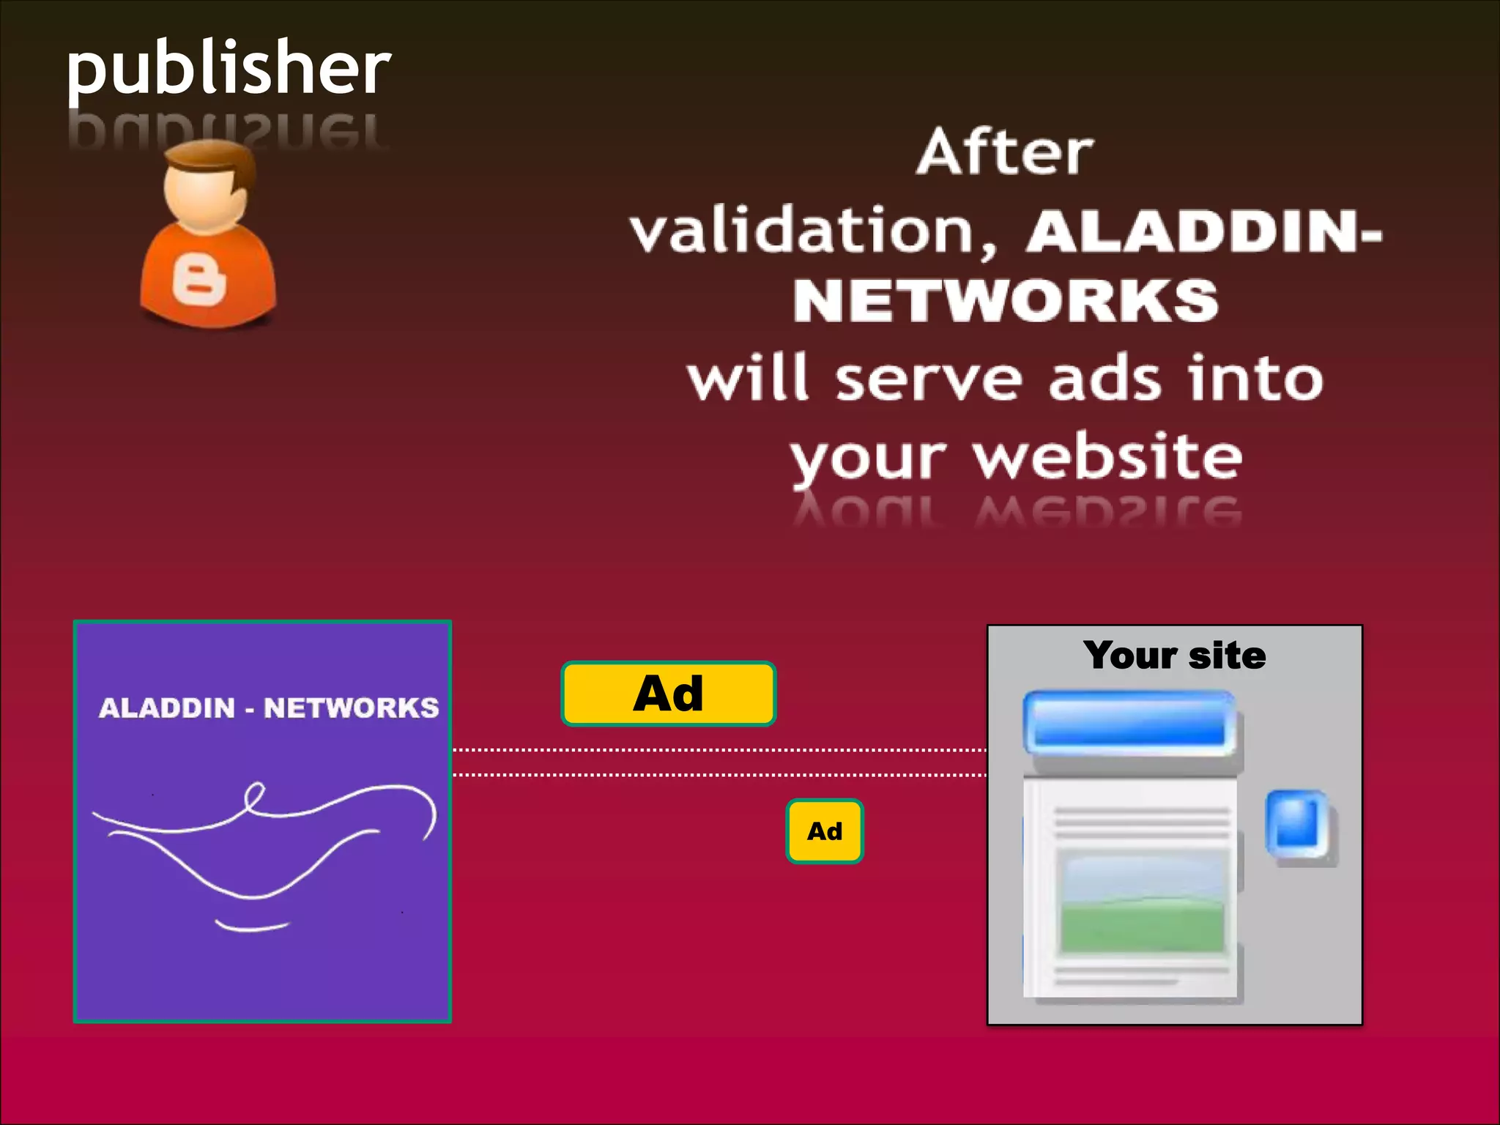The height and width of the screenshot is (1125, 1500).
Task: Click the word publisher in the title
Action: pos(229,70)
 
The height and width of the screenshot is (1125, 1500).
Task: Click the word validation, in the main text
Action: pos(813,231)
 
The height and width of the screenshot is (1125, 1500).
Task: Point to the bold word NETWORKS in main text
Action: pos(1006,301)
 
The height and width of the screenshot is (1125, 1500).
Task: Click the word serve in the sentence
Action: pos(927,379)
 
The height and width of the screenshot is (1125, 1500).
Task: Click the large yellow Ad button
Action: pos(668,694)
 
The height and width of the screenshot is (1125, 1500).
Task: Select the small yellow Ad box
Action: pos(825,831)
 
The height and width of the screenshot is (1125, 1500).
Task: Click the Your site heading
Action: pos(1174,655)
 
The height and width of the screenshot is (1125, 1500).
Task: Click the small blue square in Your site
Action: pos(1297,824)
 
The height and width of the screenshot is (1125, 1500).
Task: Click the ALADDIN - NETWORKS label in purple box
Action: pos(269,708)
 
